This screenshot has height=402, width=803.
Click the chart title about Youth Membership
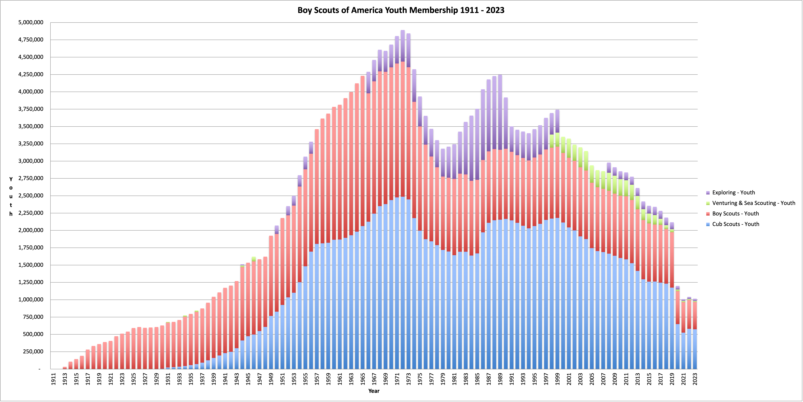pos(401,10)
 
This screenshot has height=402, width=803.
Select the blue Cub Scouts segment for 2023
pos(695,349)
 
